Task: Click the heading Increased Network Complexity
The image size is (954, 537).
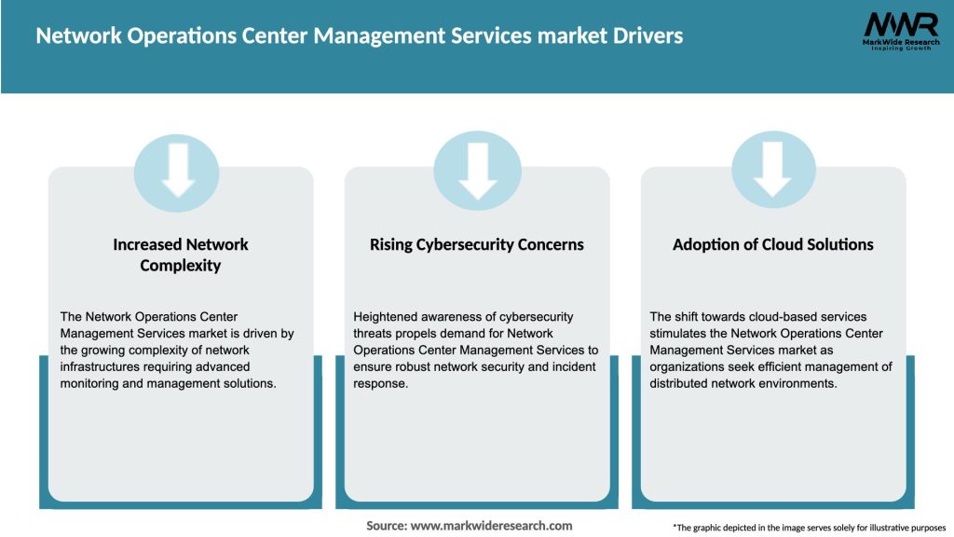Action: pyautogui.click(x=181, y=255)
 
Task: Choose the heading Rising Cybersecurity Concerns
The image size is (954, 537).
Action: pyautogui.click(x=477, y=244)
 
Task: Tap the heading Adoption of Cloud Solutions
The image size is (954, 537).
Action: pyautogui.click(x=773, y=244)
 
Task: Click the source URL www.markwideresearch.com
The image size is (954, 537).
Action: pyautogui.click(x=491, y=526)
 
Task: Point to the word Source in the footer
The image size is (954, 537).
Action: pyautogui.click(x=387, y=526)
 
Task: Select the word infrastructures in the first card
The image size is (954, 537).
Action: pyautogui.click(x=103, y=367)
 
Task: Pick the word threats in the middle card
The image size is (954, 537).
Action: pyautogui.click(x=373, y=334)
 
